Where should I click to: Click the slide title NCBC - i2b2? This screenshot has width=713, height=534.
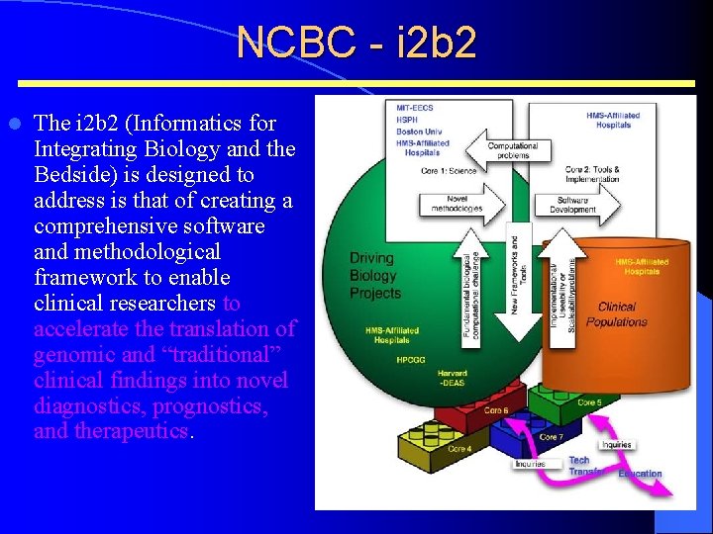pos(356,43)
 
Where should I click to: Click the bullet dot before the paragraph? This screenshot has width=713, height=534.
pos(15,125)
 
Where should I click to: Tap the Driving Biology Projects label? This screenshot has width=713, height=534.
pos(375,275)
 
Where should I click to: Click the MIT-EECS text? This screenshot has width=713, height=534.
pos(414,106)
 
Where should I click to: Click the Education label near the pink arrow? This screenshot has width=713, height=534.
pos(640,474)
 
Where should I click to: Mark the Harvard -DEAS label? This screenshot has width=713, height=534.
pos(453,379)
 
